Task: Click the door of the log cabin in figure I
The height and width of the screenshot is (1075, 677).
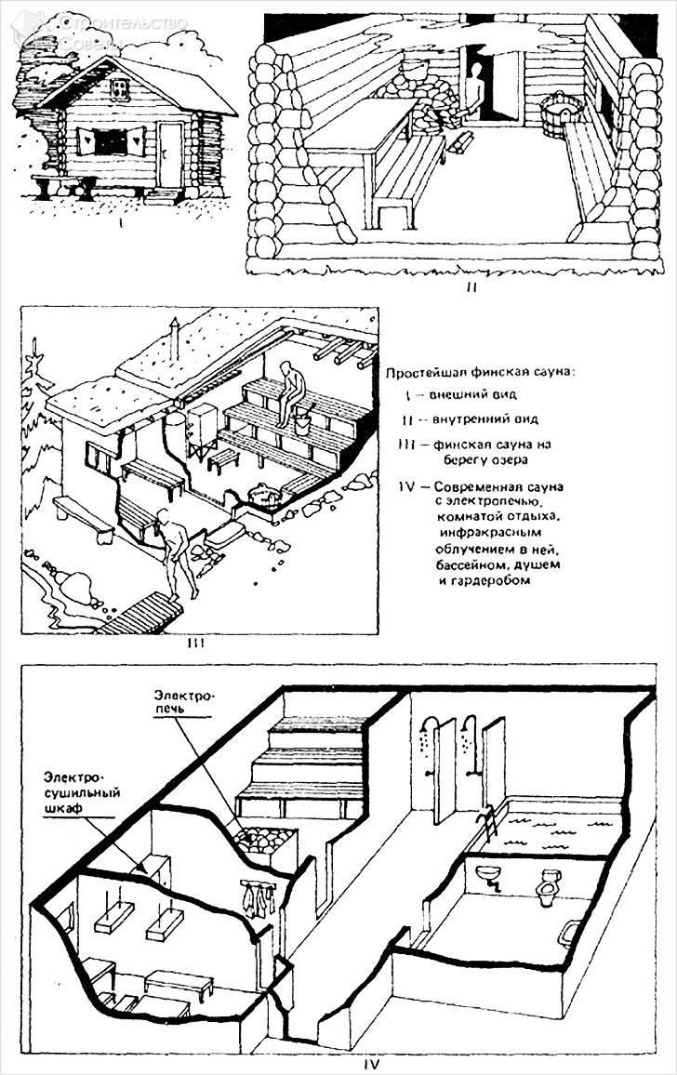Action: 170,153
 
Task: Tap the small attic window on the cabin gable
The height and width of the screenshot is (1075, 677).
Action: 119,88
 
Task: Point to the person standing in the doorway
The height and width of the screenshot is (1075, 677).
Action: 476,94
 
